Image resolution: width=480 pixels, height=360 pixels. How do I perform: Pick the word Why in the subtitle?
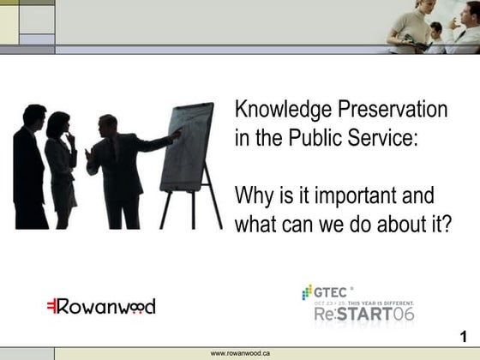(253, 195)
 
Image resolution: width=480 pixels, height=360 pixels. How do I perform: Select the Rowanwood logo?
(100, 306)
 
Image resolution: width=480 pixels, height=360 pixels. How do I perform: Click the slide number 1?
(464, 335)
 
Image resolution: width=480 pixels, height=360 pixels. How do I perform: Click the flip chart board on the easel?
(187, 146)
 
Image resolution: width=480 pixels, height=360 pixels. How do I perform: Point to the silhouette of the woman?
(61, 167)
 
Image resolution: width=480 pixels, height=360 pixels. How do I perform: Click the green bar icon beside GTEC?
(306, 292)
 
